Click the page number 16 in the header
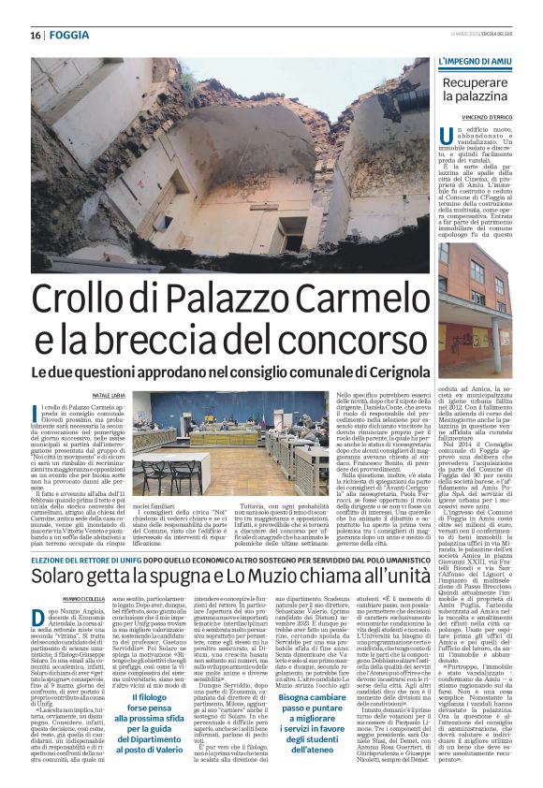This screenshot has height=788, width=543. click(x=22, y=35)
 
